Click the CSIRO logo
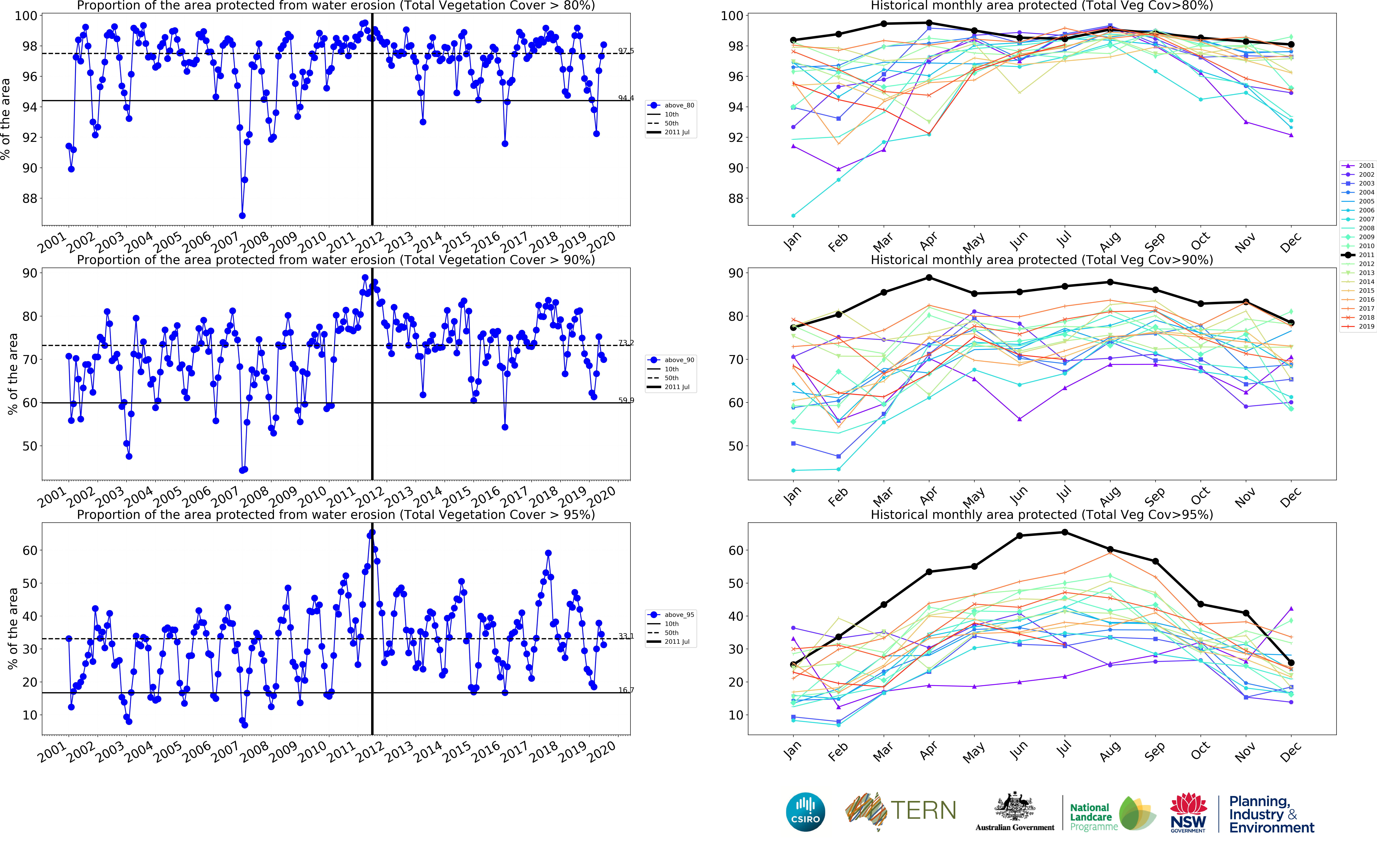coord(806,812)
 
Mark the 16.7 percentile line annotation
coord(626,690)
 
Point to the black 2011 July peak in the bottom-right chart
coord(1065,532)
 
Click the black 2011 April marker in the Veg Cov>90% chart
coord(929,278)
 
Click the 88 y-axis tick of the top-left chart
coord(29,199)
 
